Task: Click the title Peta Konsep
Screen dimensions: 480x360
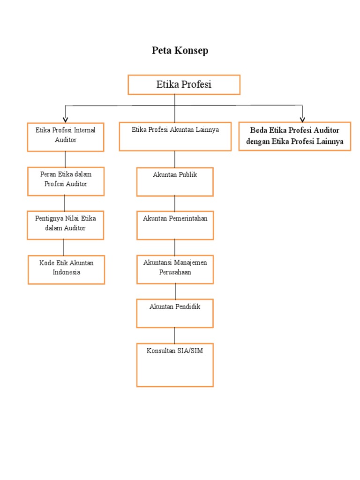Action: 180,51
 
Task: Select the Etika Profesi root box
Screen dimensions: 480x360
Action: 184,85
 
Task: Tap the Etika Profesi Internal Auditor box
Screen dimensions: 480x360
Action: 66,137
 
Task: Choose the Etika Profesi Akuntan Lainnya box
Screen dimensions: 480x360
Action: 175,136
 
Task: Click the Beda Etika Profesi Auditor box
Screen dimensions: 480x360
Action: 294,136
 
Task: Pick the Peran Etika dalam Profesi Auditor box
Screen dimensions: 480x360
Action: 66,181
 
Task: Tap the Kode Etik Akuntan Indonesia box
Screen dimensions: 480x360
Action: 66,270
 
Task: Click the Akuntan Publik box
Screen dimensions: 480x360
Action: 175,181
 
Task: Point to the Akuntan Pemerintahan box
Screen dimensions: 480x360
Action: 175,225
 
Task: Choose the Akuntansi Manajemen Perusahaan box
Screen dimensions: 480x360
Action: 175,270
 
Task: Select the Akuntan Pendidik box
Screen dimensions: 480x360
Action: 175,313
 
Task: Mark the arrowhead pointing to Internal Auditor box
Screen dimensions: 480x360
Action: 66,119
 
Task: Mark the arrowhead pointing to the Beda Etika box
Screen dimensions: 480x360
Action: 302,119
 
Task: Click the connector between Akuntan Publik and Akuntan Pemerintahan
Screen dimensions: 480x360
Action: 175,203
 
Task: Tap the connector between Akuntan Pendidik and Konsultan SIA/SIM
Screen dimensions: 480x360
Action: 175,335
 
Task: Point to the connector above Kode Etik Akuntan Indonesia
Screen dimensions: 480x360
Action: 64,247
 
